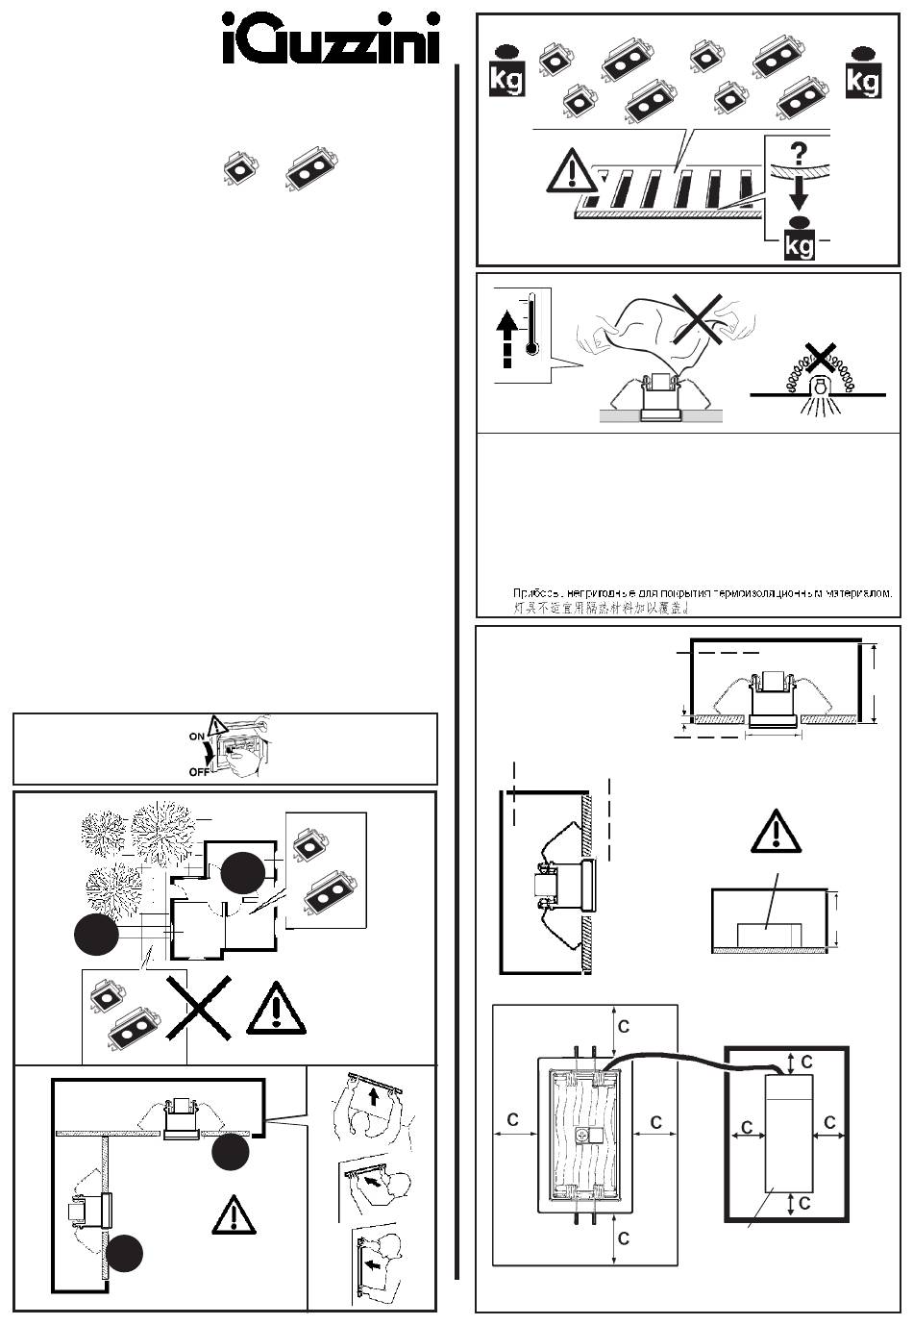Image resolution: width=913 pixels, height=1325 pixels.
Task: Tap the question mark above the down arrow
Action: [798, 155]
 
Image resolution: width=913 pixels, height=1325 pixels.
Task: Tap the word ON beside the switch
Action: [197, 735]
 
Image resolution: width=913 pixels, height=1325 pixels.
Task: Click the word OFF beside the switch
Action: [200, 770]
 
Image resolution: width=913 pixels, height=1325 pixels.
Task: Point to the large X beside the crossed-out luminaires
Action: [198, 1007]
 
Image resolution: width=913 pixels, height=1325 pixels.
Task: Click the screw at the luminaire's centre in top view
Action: [582, 1135]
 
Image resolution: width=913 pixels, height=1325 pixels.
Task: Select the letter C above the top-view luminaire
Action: [624, 1027]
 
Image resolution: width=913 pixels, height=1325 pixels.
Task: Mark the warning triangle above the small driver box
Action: [775, 830]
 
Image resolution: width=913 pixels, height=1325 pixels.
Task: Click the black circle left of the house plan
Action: [96, 936]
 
